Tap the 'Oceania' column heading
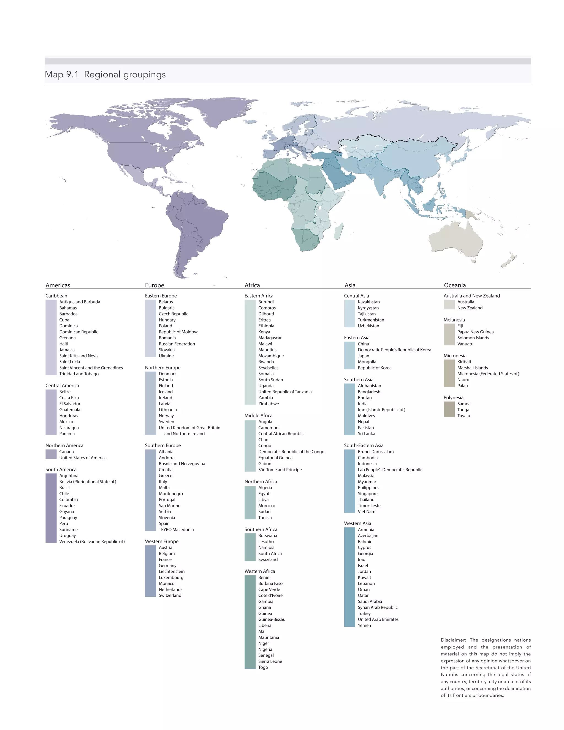point(454,285)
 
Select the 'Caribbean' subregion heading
point(56,296)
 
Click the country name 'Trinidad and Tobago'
point(79,374)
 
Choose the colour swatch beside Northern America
point(51,454)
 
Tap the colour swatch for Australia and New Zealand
point(449,304)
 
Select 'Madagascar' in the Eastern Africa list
point(270,338)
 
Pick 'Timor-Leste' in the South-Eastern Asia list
point(369,505)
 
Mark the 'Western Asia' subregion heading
point(357,523)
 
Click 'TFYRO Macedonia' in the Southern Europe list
point(176,529)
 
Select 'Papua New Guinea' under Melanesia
point(475,332)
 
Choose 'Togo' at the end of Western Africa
point(263,667)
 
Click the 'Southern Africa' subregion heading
point(261,529)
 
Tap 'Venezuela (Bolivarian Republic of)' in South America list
point(92,542)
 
